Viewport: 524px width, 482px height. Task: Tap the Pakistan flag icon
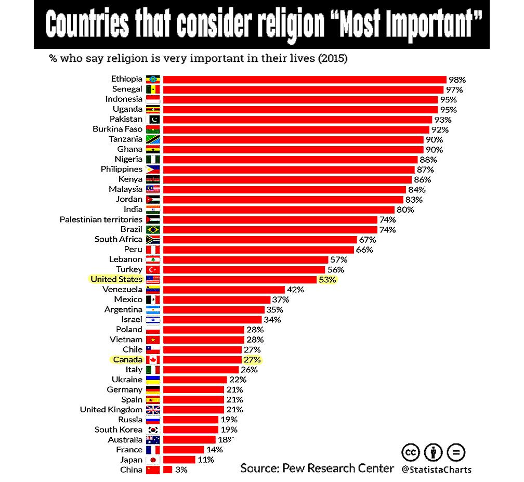(x=153, y=120)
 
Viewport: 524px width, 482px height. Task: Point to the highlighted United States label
(x=116, y=279)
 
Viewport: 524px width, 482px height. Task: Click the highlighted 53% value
(x=328, y=280)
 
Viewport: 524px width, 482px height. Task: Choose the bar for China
(x=167, y=470)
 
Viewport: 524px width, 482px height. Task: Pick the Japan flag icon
(x=153, y=460)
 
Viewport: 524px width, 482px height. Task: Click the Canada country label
(x=127, y=359)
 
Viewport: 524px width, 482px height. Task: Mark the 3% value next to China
(x=181, y=470)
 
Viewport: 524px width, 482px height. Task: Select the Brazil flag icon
(x=153, y=229)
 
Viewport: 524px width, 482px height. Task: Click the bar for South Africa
(x=260, y=240)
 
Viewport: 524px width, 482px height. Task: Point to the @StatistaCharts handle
(x=437, y=470)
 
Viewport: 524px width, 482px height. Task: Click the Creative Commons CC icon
(x=411, y=451)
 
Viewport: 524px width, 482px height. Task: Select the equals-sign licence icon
(x=456, y=451)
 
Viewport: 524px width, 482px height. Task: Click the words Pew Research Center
(x=338, y=468)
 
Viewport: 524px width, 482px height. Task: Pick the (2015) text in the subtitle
(x=332, y=58)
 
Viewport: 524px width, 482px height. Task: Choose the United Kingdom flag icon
(x=153, y=410)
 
